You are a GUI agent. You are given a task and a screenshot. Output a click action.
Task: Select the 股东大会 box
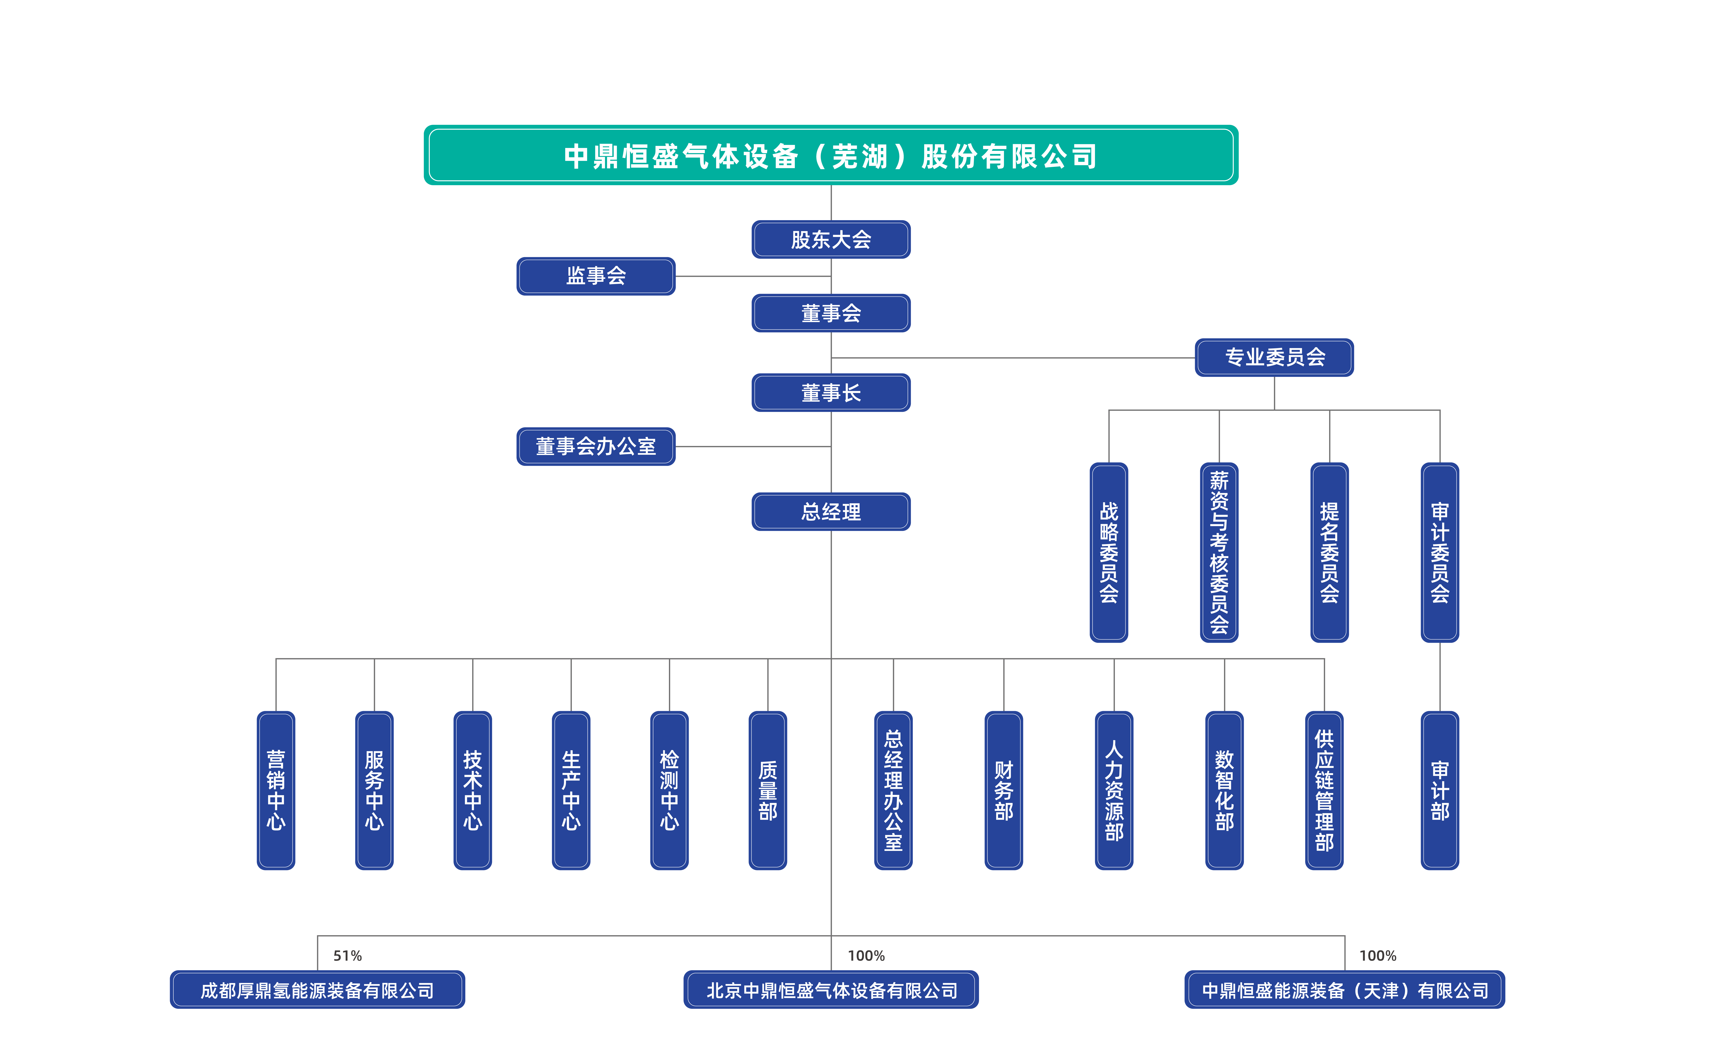pos(831,240)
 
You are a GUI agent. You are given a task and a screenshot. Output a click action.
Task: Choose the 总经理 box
pos(831,512)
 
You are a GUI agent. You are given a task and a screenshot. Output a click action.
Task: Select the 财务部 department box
pos(1004,791)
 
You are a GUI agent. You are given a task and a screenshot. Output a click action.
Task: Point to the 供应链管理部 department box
pos(1324,791)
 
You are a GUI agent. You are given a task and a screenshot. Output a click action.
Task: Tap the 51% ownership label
pos(347,956)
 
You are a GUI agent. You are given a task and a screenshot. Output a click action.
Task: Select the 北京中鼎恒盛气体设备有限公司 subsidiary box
pos(831,990)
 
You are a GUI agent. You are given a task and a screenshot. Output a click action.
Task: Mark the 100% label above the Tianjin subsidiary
pos(1378,956)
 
